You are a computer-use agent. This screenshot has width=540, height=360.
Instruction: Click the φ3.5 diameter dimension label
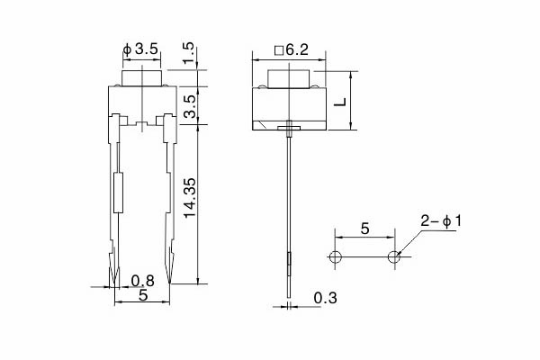pos(140,49)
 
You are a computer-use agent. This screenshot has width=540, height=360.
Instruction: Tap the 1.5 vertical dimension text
pos(189,54)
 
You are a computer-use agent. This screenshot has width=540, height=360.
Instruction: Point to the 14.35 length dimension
pos(190,198)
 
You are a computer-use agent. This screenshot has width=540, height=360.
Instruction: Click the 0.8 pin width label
pos(143,281)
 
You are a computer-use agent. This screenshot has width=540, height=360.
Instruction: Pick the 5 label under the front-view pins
pos(143,295)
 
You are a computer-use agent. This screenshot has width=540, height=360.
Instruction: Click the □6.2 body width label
pos(292,50)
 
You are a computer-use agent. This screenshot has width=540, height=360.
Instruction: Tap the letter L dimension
pos(340,102)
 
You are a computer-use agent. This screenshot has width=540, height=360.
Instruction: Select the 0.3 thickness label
pos(326,298)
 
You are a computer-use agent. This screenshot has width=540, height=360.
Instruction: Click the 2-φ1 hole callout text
pos(441,221)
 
